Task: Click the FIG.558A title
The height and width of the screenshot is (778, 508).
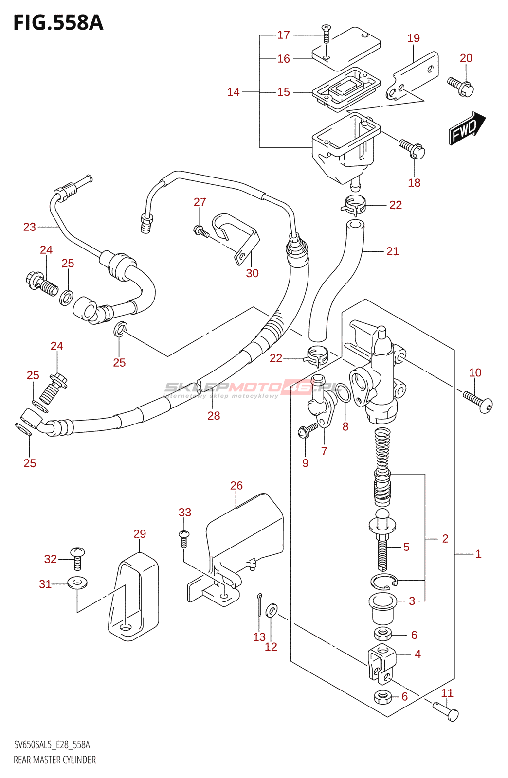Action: click(58, 23)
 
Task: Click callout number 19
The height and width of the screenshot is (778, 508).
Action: click(414, 38)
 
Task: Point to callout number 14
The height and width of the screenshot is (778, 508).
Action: click(234, 92)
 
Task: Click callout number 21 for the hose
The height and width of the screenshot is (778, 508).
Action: click(393, 251)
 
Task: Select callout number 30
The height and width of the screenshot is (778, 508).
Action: click(252, 273)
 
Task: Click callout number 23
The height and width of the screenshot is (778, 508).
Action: click(30, 227)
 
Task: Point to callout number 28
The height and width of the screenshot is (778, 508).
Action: click(214, 416)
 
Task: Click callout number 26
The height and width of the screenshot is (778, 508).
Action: click(236, 486)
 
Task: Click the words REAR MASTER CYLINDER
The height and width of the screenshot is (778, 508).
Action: click(54, 760)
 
